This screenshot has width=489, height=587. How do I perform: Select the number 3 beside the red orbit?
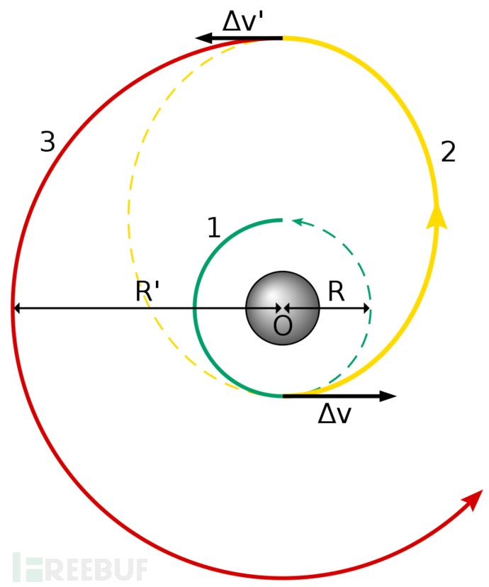tap(47, 143)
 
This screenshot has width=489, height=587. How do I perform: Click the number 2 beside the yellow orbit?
tap(448, 152)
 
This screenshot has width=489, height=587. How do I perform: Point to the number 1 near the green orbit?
tap(213, 228)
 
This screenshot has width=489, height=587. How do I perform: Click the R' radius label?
tap(147, 291)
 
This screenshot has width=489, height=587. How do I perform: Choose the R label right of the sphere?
tap(336, 291)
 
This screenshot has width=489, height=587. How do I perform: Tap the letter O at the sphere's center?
tap(283, 325)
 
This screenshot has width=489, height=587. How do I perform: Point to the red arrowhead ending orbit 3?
tap(473, 499)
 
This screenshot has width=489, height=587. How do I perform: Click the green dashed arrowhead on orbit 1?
tap(298, 223)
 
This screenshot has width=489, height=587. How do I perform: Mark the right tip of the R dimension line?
tap(369, 308)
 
